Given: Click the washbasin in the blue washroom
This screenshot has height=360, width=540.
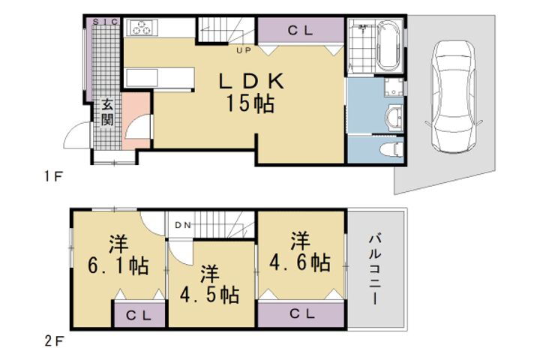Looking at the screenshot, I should (x=392, y=115).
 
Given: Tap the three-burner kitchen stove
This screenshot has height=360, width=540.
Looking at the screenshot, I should (x=142, y=28).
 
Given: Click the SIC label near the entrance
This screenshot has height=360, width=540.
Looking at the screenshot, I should (x=105, y=22).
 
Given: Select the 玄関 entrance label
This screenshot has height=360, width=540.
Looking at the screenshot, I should (x=108, y=111).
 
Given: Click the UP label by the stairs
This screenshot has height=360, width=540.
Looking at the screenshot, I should (x=244, y=51).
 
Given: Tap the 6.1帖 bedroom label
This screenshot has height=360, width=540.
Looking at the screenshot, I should (x=117, y=255).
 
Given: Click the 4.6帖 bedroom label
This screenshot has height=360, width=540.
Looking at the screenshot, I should (x=300, y=252).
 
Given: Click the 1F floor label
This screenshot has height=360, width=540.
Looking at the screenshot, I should (x=51, y=178).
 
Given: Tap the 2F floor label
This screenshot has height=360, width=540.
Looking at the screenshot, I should (x=51, y=342).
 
